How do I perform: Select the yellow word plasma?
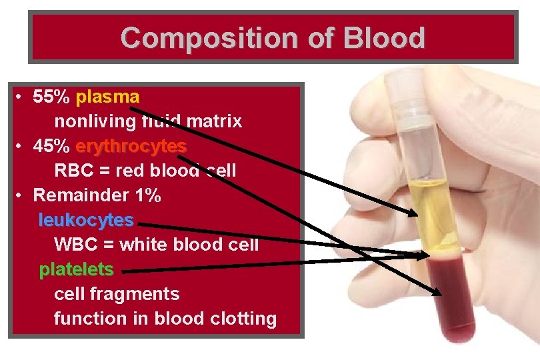[x=107, y=97]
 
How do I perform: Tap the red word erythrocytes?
[x=131, y=146]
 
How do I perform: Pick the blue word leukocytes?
[x=86, y=220]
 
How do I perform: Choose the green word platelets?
[x=76, y=269]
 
